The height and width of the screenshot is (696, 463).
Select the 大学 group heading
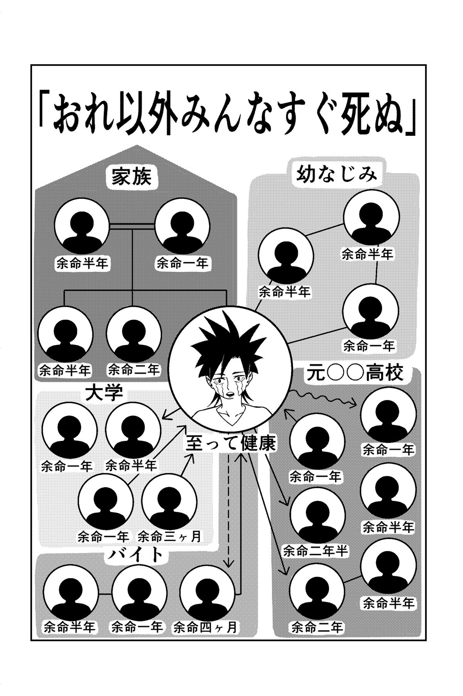coord(103,393)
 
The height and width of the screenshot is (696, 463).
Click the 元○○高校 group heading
coord(355,373)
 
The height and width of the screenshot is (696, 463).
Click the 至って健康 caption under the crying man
coord(231,444)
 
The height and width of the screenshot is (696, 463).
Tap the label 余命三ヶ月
coord(170,536)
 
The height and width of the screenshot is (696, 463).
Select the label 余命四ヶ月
coord(205,627)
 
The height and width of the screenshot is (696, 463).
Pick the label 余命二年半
coord(315,551)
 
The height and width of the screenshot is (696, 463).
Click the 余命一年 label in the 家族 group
coord(182,263)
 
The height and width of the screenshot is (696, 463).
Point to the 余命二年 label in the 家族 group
coord(133,370)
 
